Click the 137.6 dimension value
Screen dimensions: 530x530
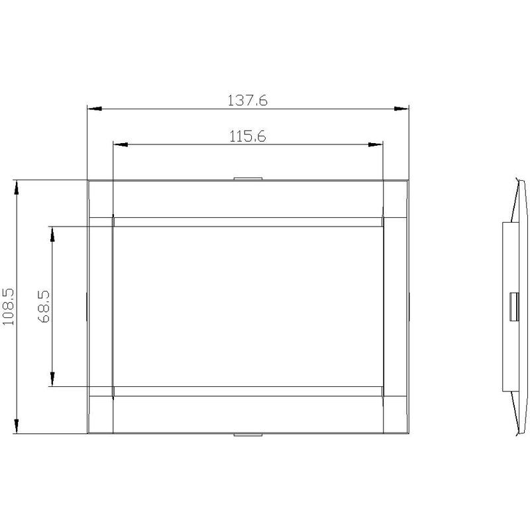pos(247,101)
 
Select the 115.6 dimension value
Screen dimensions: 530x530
pos(248,136)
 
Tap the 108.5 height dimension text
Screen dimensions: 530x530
pos(8,307)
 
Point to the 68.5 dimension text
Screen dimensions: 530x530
pos(44,306)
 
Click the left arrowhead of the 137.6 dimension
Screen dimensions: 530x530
pos(95,109)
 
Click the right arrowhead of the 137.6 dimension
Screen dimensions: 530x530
pos(401,109)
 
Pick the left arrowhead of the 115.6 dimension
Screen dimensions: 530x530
pos(121,144)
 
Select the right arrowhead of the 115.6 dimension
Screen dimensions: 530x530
pos(375,144)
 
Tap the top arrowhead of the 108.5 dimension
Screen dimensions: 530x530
pos(16,187)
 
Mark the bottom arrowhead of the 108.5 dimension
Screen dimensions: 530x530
pos(16,426)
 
